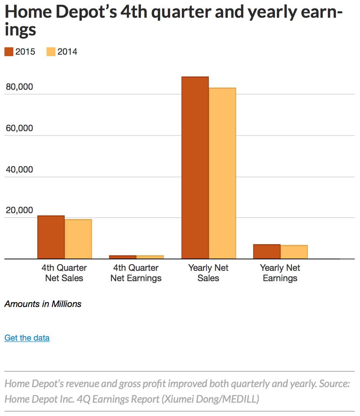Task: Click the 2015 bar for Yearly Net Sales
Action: coord(195,168)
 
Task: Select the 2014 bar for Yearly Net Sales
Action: coord(222,173)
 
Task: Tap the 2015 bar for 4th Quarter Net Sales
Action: coord(51,237)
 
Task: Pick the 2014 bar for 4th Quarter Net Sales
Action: coord(78,239)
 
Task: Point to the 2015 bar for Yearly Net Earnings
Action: coord(266,252)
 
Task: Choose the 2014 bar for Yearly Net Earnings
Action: coord(294,252)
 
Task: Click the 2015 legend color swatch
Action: coord(9,52)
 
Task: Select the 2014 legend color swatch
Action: coord(51,52)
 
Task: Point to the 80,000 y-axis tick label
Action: coord(20,87)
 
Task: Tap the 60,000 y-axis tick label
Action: coord(20,128)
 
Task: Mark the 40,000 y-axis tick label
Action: coord(20,170)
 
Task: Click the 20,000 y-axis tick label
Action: coord(20,210)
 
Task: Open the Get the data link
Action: coord(27,338)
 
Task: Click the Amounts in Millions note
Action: coord(43,304)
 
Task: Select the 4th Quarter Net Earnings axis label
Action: coord(136,273)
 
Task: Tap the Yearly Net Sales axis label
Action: coord(208,273)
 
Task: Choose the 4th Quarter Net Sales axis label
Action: coord(64,273)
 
